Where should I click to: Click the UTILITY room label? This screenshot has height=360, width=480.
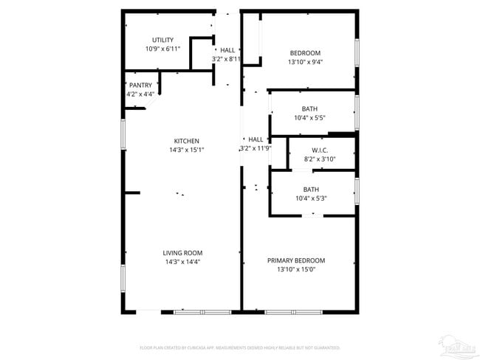click(162, 40)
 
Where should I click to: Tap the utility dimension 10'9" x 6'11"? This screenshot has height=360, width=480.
click(162, 49)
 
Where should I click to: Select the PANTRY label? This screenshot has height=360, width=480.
click(140, 85)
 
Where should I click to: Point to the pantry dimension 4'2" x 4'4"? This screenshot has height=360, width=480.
click(140, 94)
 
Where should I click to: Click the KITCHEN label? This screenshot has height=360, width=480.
click(186, 141)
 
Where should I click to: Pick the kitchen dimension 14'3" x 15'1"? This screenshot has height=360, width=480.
click(186, 150)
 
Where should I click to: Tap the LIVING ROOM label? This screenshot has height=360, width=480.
click(182, 253)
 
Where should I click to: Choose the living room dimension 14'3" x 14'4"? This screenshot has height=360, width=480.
click(182, 262)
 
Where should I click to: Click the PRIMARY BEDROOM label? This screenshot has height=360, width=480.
click(296, 260)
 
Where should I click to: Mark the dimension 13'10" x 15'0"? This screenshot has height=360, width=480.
click(296, 270)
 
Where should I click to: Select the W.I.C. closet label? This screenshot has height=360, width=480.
click(320, 150)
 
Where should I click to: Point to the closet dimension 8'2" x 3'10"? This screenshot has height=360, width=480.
click(320, 159)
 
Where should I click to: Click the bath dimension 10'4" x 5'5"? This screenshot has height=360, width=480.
click(310, 118)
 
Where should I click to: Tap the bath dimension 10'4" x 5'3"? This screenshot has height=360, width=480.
click(311, 198)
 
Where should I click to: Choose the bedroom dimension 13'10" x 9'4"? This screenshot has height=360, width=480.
click(305, 62)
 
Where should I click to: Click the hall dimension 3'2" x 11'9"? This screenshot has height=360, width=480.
click(256, 149)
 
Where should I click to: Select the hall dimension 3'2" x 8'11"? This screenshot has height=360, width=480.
click(227, 59)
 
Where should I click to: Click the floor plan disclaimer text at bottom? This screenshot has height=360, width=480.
click(239, 347)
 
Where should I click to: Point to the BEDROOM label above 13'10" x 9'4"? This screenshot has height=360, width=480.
click(305, 52)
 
